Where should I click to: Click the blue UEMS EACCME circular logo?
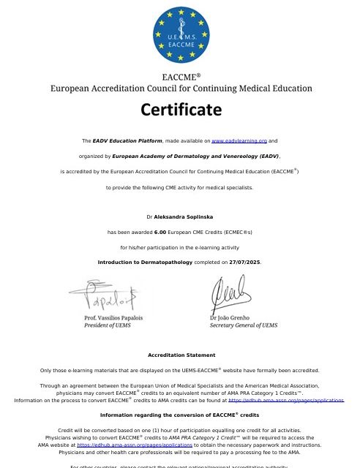point(180,33)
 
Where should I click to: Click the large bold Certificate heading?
point(180,110)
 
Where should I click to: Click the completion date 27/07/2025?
point(244,262)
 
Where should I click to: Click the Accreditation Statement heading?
point(180,355)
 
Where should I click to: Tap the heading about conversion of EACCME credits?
point(180,415)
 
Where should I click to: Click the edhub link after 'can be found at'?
point(286,400)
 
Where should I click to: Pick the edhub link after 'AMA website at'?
point(135,445)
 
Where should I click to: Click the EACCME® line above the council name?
point(180,76)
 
